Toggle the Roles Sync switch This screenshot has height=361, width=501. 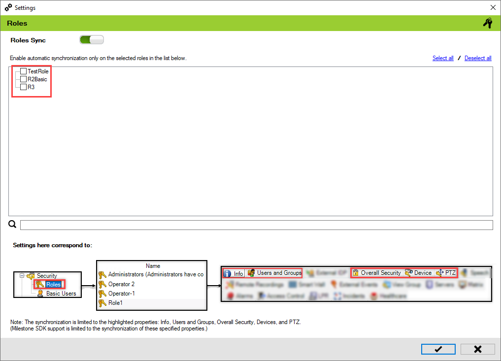92,40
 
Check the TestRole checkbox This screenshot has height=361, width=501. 23,71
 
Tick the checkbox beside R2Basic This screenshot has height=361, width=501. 23,79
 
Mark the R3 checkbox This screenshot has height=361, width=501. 23,87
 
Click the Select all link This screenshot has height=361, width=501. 443,58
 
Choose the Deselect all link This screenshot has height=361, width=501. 478,58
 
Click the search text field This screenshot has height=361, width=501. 256,225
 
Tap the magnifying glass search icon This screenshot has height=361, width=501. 13,225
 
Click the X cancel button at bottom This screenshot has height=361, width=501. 477,349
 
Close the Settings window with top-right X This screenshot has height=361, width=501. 493,8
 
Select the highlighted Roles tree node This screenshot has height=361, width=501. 53,285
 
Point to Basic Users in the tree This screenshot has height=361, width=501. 61,294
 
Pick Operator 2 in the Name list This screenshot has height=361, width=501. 121,284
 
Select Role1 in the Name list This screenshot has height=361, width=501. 115,302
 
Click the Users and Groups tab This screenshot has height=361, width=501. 278,273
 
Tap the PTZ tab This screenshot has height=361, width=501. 450,273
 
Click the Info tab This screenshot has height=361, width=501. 238,273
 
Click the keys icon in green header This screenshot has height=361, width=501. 487,23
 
